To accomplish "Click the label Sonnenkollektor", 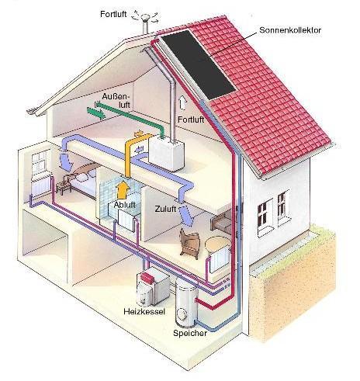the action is point(290,30).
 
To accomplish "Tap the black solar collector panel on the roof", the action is point(199,65).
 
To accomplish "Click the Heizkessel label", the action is point(144,311).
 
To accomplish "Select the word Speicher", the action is point(190,333).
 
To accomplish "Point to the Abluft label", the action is point(125,205).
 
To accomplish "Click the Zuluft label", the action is point(165,209).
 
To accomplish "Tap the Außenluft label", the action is point(116,101).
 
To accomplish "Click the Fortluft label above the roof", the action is point(113,14).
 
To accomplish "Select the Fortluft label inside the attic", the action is point(191,119).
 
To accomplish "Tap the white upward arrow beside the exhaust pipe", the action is point(182,102).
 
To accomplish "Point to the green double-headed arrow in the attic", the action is point(95,113).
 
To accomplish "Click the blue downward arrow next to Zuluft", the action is point(187,216).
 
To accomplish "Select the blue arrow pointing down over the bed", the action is point(65,160).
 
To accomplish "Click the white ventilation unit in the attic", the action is point(167,154).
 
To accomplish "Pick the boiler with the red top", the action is point(153,288).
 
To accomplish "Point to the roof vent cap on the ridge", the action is point(145,19).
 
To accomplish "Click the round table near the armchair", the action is point(218,244).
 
